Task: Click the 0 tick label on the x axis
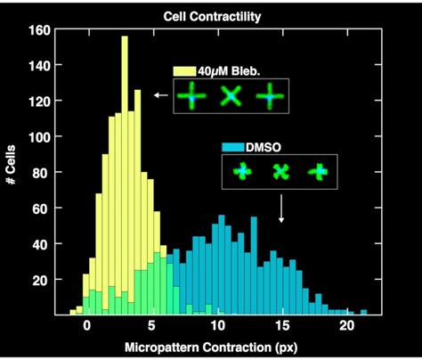tap(86, 327)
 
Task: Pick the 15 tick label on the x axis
tap(282, 327)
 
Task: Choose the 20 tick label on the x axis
tap(347, 327)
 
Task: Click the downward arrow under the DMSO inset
tap(282, 210)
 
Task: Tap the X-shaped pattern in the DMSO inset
tap(280, 172)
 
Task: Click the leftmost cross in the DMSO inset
tap(242, 172)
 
